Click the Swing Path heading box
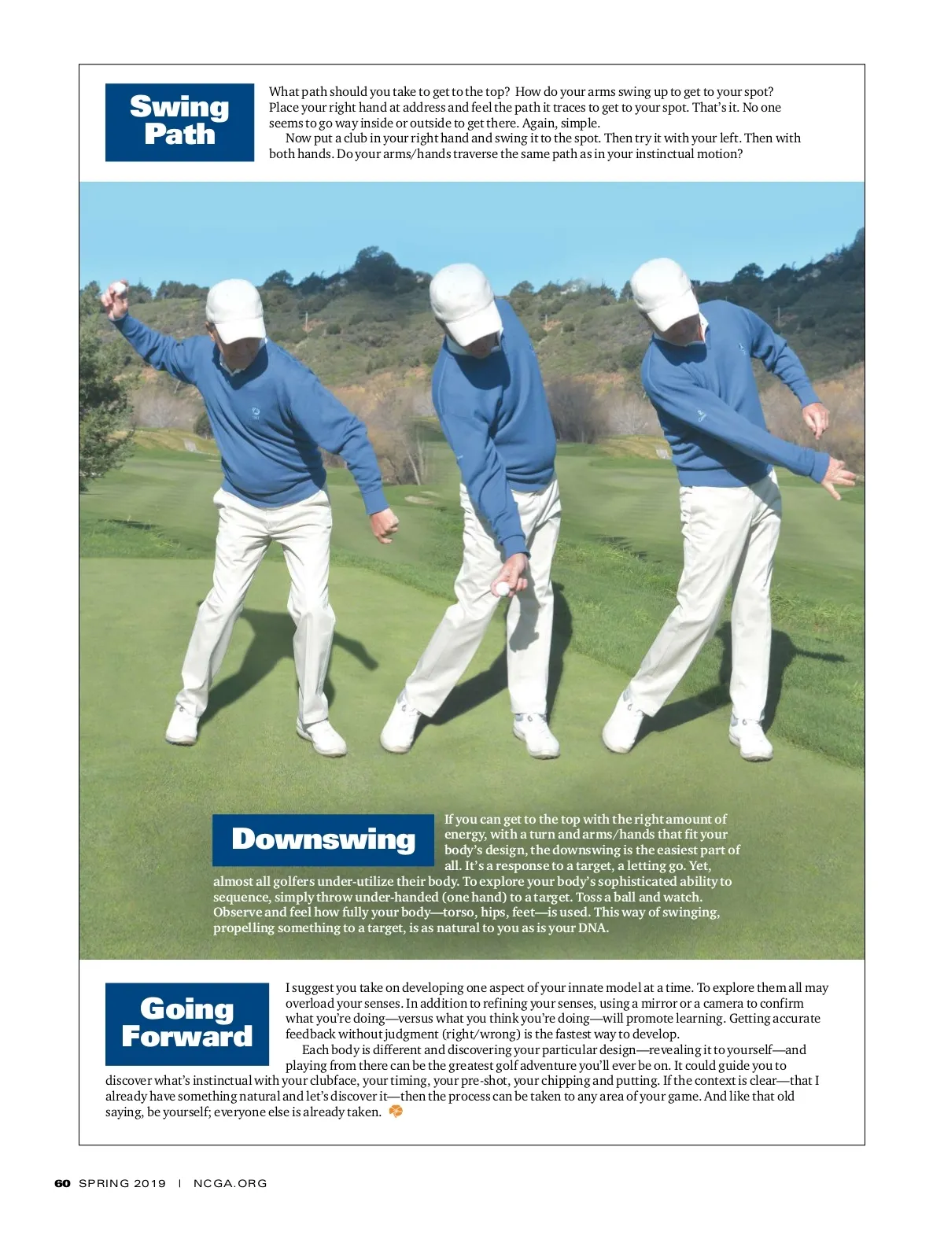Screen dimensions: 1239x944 click(x=179, y=122)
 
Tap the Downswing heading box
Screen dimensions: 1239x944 click(x=323, y=839)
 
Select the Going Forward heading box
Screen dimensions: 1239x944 click(x=187, y=1023)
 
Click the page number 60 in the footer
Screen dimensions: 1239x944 click(x=62, y=1183)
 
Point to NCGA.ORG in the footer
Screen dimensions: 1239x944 click(x=230, y=1183)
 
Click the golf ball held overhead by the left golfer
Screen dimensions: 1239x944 click(x=118, y=288)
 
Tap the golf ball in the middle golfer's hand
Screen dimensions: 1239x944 click(x=501, y=588)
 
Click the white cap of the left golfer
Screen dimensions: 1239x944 click(x=235, y=310)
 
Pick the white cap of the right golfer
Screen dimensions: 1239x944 click(x=664, y=293)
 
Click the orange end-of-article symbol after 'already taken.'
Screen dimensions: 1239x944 click(x=396, y=1111)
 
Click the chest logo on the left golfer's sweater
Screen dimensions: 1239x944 click(x=256, y=414)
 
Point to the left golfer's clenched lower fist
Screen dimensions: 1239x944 click(x=385, y=525)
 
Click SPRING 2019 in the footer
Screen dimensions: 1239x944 click(x=122, y=1183)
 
